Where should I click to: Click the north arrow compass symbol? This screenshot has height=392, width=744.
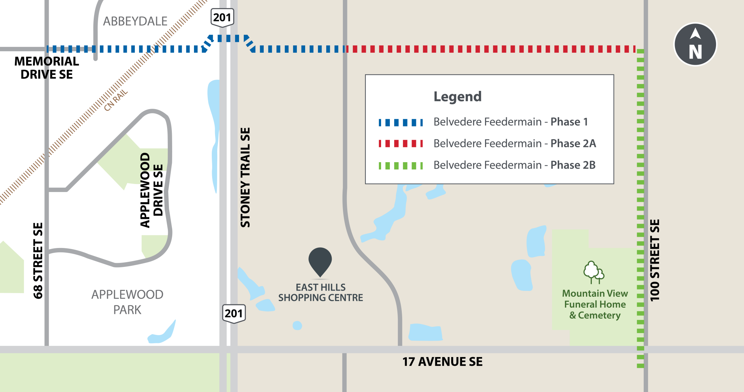tap(695, 44)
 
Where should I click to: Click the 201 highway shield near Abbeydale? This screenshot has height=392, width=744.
tap(222, 17)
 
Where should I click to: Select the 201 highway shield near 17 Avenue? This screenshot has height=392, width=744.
tap(234, 313)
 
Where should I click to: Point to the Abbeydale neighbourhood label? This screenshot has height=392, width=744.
tap(135, 21)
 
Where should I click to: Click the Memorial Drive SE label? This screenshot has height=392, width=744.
tap(46, 68)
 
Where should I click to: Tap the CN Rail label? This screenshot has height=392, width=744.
tap(116, 100)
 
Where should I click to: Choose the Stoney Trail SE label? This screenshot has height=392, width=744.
tap(246, 177)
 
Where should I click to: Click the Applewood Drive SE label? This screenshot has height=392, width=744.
tap(151, 190)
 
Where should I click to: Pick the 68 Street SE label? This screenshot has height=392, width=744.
tap(38, 260)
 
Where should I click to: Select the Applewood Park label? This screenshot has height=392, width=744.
tap(127, 302)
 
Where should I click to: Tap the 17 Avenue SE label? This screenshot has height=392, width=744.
tap(442, 362)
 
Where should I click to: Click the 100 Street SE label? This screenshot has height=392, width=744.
tap(654, 260)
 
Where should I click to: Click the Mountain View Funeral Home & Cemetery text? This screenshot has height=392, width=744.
tap(595, 304)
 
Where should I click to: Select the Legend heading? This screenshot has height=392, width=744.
tap(457, 96)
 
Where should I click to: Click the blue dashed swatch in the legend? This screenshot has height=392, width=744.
tap(401, 123)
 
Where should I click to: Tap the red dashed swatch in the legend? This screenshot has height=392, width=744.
tap(401, 144)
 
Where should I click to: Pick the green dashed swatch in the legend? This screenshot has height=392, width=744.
tap(401, 166)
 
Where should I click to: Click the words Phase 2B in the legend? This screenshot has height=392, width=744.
tap(573, 165)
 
